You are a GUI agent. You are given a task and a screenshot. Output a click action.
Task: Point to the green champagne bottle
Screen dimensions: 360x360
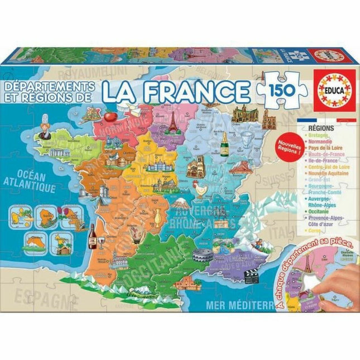coord(225,143)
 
